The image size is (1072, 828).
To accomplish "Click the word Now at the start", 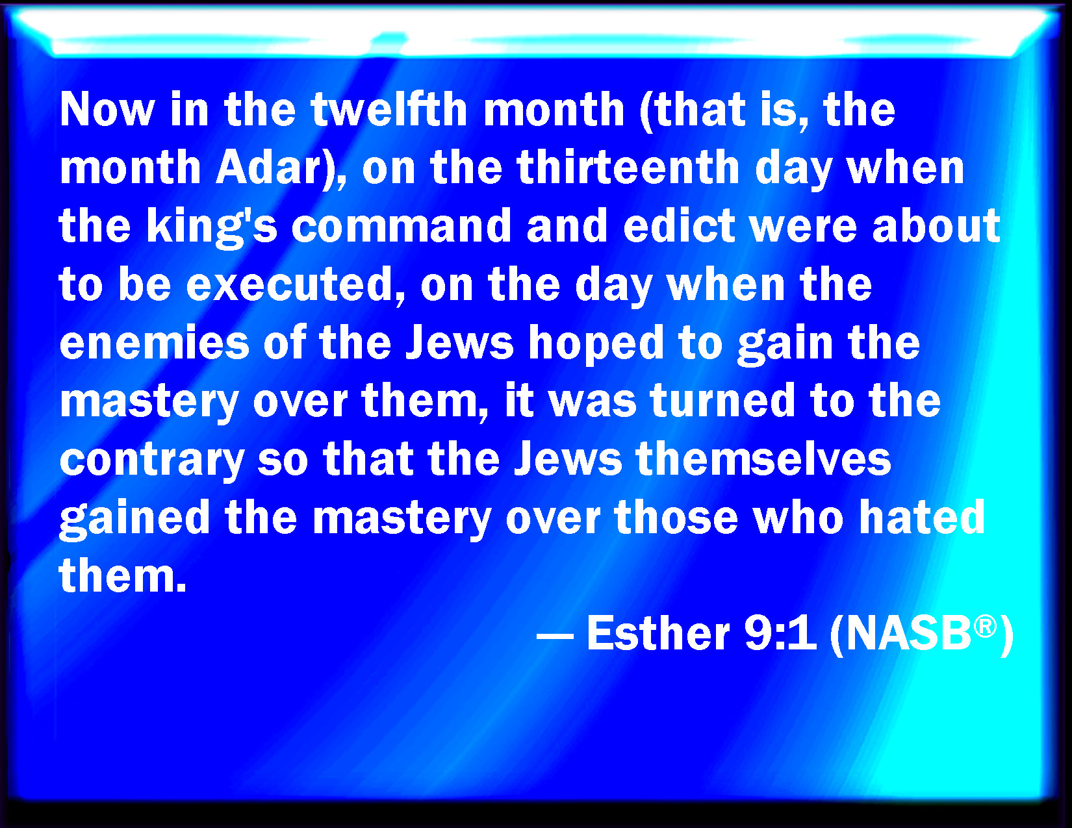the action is (x=107, y=109).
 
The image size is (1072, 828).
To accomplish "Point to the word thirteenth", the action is (x=628, y=167).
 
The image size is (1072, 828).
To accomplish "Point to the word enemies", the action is (x=155, y=343).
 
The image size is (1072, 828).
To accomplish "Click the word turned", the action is (x=722, y=401).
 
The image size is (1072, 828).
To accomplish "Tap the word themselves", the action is (x=763, y=458).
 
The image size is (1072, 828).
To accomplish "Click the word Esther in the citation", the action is (x=658, y=634).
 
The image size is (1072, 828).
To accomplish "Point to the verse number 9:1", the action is (x=780, y=634).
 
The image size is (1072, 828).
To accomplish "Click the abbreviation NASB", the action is (x=909, y=634).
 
